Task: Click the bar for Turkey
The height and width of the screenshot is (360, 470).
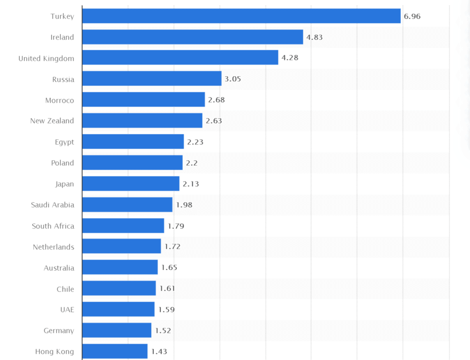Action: [241, 16]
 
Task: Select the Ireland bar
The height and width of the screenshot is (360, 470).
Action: [193, 37]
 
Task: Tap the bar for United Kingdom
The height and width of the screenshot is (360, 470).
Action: [180, 58]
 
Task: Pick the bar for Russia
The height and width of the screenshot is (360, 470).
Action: [152, 79]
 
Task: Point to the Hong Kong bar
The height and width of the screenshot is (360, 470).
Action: [115, 351]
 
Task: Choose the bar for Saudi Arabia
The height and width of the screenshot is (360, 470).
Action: [127, 205]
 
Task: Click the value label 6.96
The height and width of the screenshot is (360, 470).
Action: [412, 16]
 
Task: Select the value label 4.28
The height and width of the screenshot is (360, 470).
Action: [290, 58]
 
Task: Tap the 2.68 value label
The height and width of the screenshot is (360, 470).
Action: [216, 100]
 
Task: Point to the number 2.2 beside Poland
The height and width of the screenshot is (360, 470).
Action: [191, 163]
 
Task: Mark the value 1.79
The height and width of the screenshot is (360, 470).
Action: [176, 226]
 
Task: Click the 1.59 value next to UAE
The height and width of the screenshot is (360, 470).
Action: [166, 310]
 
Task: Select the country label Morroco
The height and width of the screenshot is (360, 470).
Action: [59, 100]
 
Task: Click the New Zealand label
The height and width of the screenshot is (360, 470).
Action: [52, 121]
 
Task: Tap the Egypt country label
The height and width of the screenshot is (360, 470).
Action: [64, 142]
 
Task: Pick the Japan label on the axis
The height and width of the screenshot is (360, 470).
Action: [64, 184]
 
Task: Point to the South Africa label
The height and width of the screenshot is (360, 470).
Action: [53, 226]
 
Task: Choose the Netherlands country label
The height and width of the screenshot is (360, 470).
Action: [53, 247]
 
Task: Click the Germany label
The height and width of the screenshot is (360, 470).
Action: [58, 330]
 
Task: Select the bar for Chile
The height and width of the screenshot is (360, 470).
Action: [119, 288]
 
